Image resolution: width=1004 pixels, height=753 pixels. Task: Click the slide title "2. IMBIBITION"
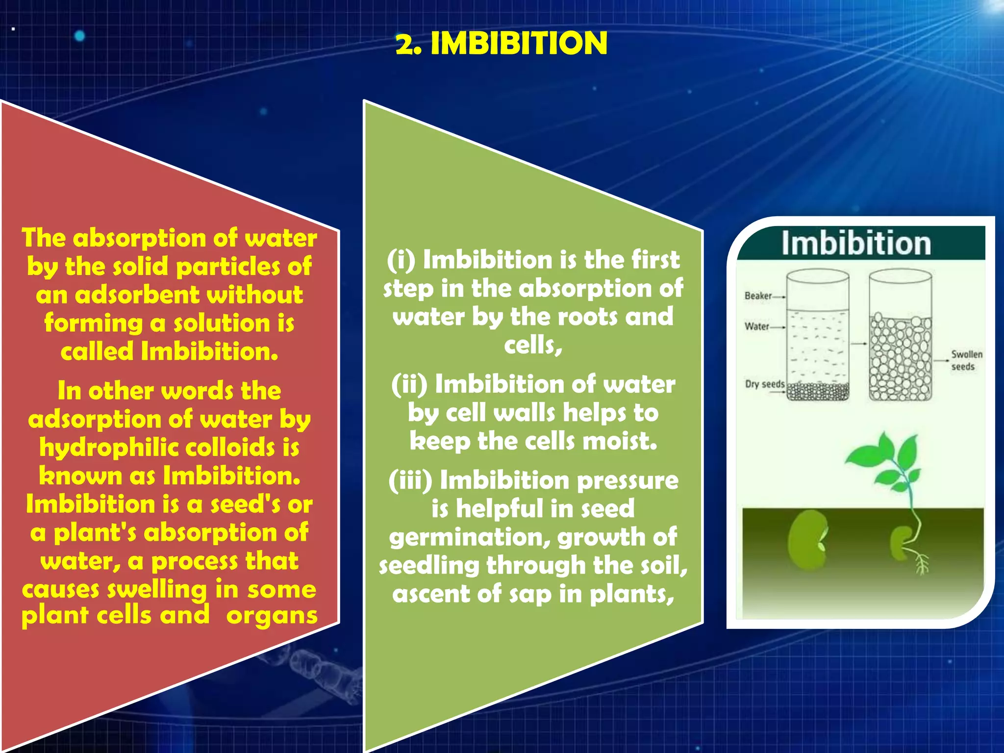point(502,43)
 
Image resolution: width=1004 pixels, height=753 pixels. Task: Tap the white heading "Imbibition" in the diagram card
point(856,243)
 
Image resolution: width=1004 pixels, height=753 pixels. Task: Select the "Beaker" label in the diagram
point(758,296)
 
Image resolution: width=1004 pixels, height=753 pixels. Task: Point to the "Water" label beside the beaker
point(756,326)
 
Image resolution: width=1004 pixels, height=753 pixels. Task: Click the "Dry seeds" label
point(764,384)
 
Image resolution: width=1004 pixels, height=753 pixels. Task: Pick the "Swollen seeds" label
point(966,360)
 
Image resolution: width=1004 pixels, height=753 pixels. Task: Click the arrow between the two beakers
point(858,344)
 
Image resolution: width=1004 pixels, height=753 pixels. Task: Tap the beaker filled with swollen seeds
point(900,358)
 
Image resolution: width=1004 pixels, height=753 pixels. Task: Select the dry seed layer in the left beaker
point(818,391)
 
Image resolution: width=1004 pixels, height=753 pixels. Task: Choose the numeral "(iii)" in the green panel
point(410,480)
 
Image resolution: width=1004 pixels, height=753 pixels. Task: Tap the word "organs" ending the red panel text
point(272,616)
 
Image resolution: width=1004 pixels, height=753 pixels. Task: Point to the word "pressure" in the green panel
point(628,480)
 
